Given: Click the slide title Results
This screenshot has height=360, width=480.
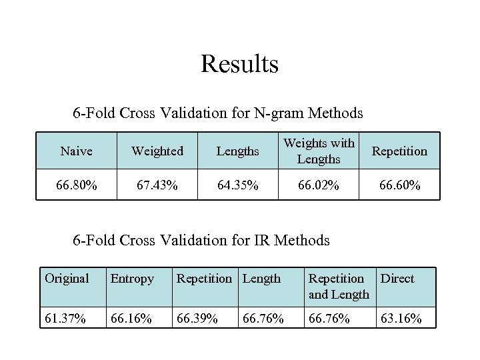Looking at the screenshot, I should click(x=239, y=65).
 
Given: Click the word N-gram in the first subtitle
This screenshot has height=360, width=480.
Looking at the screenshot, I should click(x=278, y=113).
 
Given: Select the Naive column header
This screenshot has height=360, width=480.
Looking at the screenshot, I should click(x=76, y=151).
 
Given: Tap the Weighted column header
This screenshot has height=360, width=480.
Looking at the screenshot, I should click(x=158, y=151).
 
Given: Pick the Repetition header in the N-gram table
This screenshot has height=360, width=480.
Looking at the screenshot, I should click(x=399, y=151).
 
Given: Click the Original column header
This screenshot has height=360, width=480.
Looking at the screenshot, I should click(x=67, y=279).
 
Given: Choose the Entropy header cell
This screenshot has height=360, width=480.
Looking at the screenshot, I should click(x=132, y=279).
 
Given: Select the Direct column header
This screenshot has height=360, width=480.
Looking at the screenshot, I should click(x=397, y=279).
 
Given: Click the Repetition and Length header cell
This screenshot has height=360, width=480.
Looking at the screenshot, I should click(x=339, y=286).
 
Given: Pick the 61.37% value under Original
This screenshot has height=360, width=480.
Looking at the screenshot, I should click(x=65, y=318).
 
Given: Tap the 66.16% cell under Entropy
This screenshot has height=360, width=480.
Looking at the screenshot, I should click(x=132, y=318).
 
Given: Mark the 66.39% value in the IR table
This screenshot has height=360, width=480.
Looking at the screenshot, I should click(x=197, y=318).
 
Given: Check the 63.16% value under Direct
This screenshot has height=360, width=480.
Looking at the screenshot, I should click(x=401, y=318).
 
